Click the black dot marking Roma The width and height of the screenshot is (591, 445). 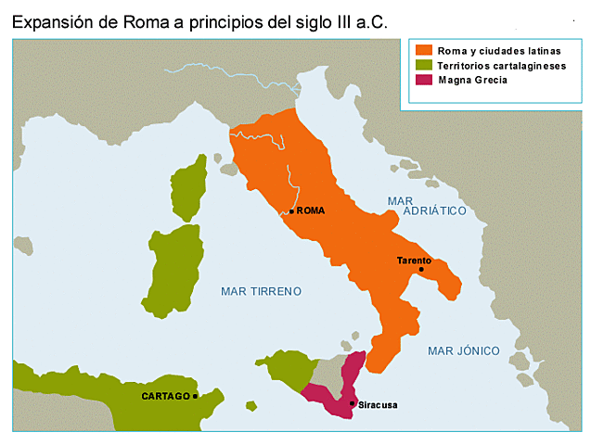291,211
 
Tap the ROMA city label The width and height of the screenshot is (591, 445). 311,210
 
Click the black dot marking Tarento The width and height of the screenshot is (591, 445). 420,270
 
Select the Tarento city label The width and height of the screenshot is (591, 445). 413,261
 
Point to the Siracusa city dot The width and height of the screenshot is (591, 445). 353,403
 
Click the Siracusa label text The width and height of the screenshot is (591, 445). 377,405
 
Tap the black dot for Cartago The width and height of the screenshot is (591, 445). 196,396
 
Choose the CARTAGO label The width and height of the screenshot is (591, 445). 166,396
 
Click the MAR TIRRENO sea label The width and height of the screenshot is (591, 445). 261,291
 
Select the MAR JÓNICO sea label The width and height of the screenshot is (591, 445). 463,350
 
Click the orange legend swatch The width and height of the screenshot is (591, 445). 424,49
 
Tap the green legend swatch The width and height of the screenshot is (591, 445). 424,65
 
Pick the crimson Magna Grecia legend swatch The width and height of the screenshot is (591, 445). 424,81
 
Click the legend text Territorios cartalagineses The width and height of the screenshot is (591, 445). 500,65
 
